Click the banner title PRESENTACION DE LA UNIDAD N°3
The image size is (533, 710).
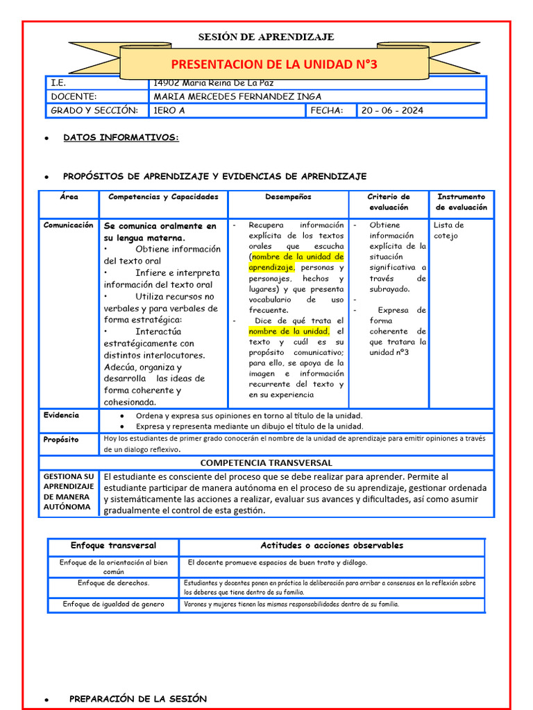[x=273, y=64]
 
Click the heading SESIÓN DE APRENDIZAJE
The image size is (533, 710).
[x=266, y=37]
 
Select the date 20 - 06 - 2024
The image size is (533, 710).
[x=392, y=110]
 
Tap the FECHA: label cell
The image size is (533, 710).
[x=327, y=110]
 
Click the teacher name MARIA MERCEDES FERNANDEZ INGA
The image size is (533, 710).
[x=237, y=96]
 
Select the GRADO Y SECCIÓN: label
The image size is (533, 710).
[x=94, y=110]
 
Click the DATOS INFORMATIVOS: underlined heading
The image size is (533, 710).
[x=121, y=138]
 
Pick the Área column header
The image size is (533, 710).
[x=69, y=197]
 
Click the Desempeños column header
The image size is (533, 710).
[x=288, y=197]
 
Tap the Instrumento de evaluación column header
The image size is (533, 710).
[x=462, y=202]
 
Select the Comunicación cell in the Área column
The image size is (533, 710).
[x=69, y=225]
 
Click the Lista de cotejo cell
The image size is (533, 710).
[x=449, y=230]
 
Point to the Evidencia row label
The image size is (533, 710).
[x=61, y=415]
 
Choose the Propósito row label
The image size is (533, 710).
[x=61, y=440]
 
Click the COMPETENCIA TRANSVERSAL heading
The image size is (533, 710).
[x=266, y=462]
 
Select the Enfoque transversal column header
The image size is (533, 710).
[x=113, y=546]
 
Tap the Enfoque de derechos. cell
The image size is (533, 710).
[x=113, y=583]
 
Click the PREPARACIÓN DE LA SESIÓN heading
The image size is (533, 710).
[x=138, y=699]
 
